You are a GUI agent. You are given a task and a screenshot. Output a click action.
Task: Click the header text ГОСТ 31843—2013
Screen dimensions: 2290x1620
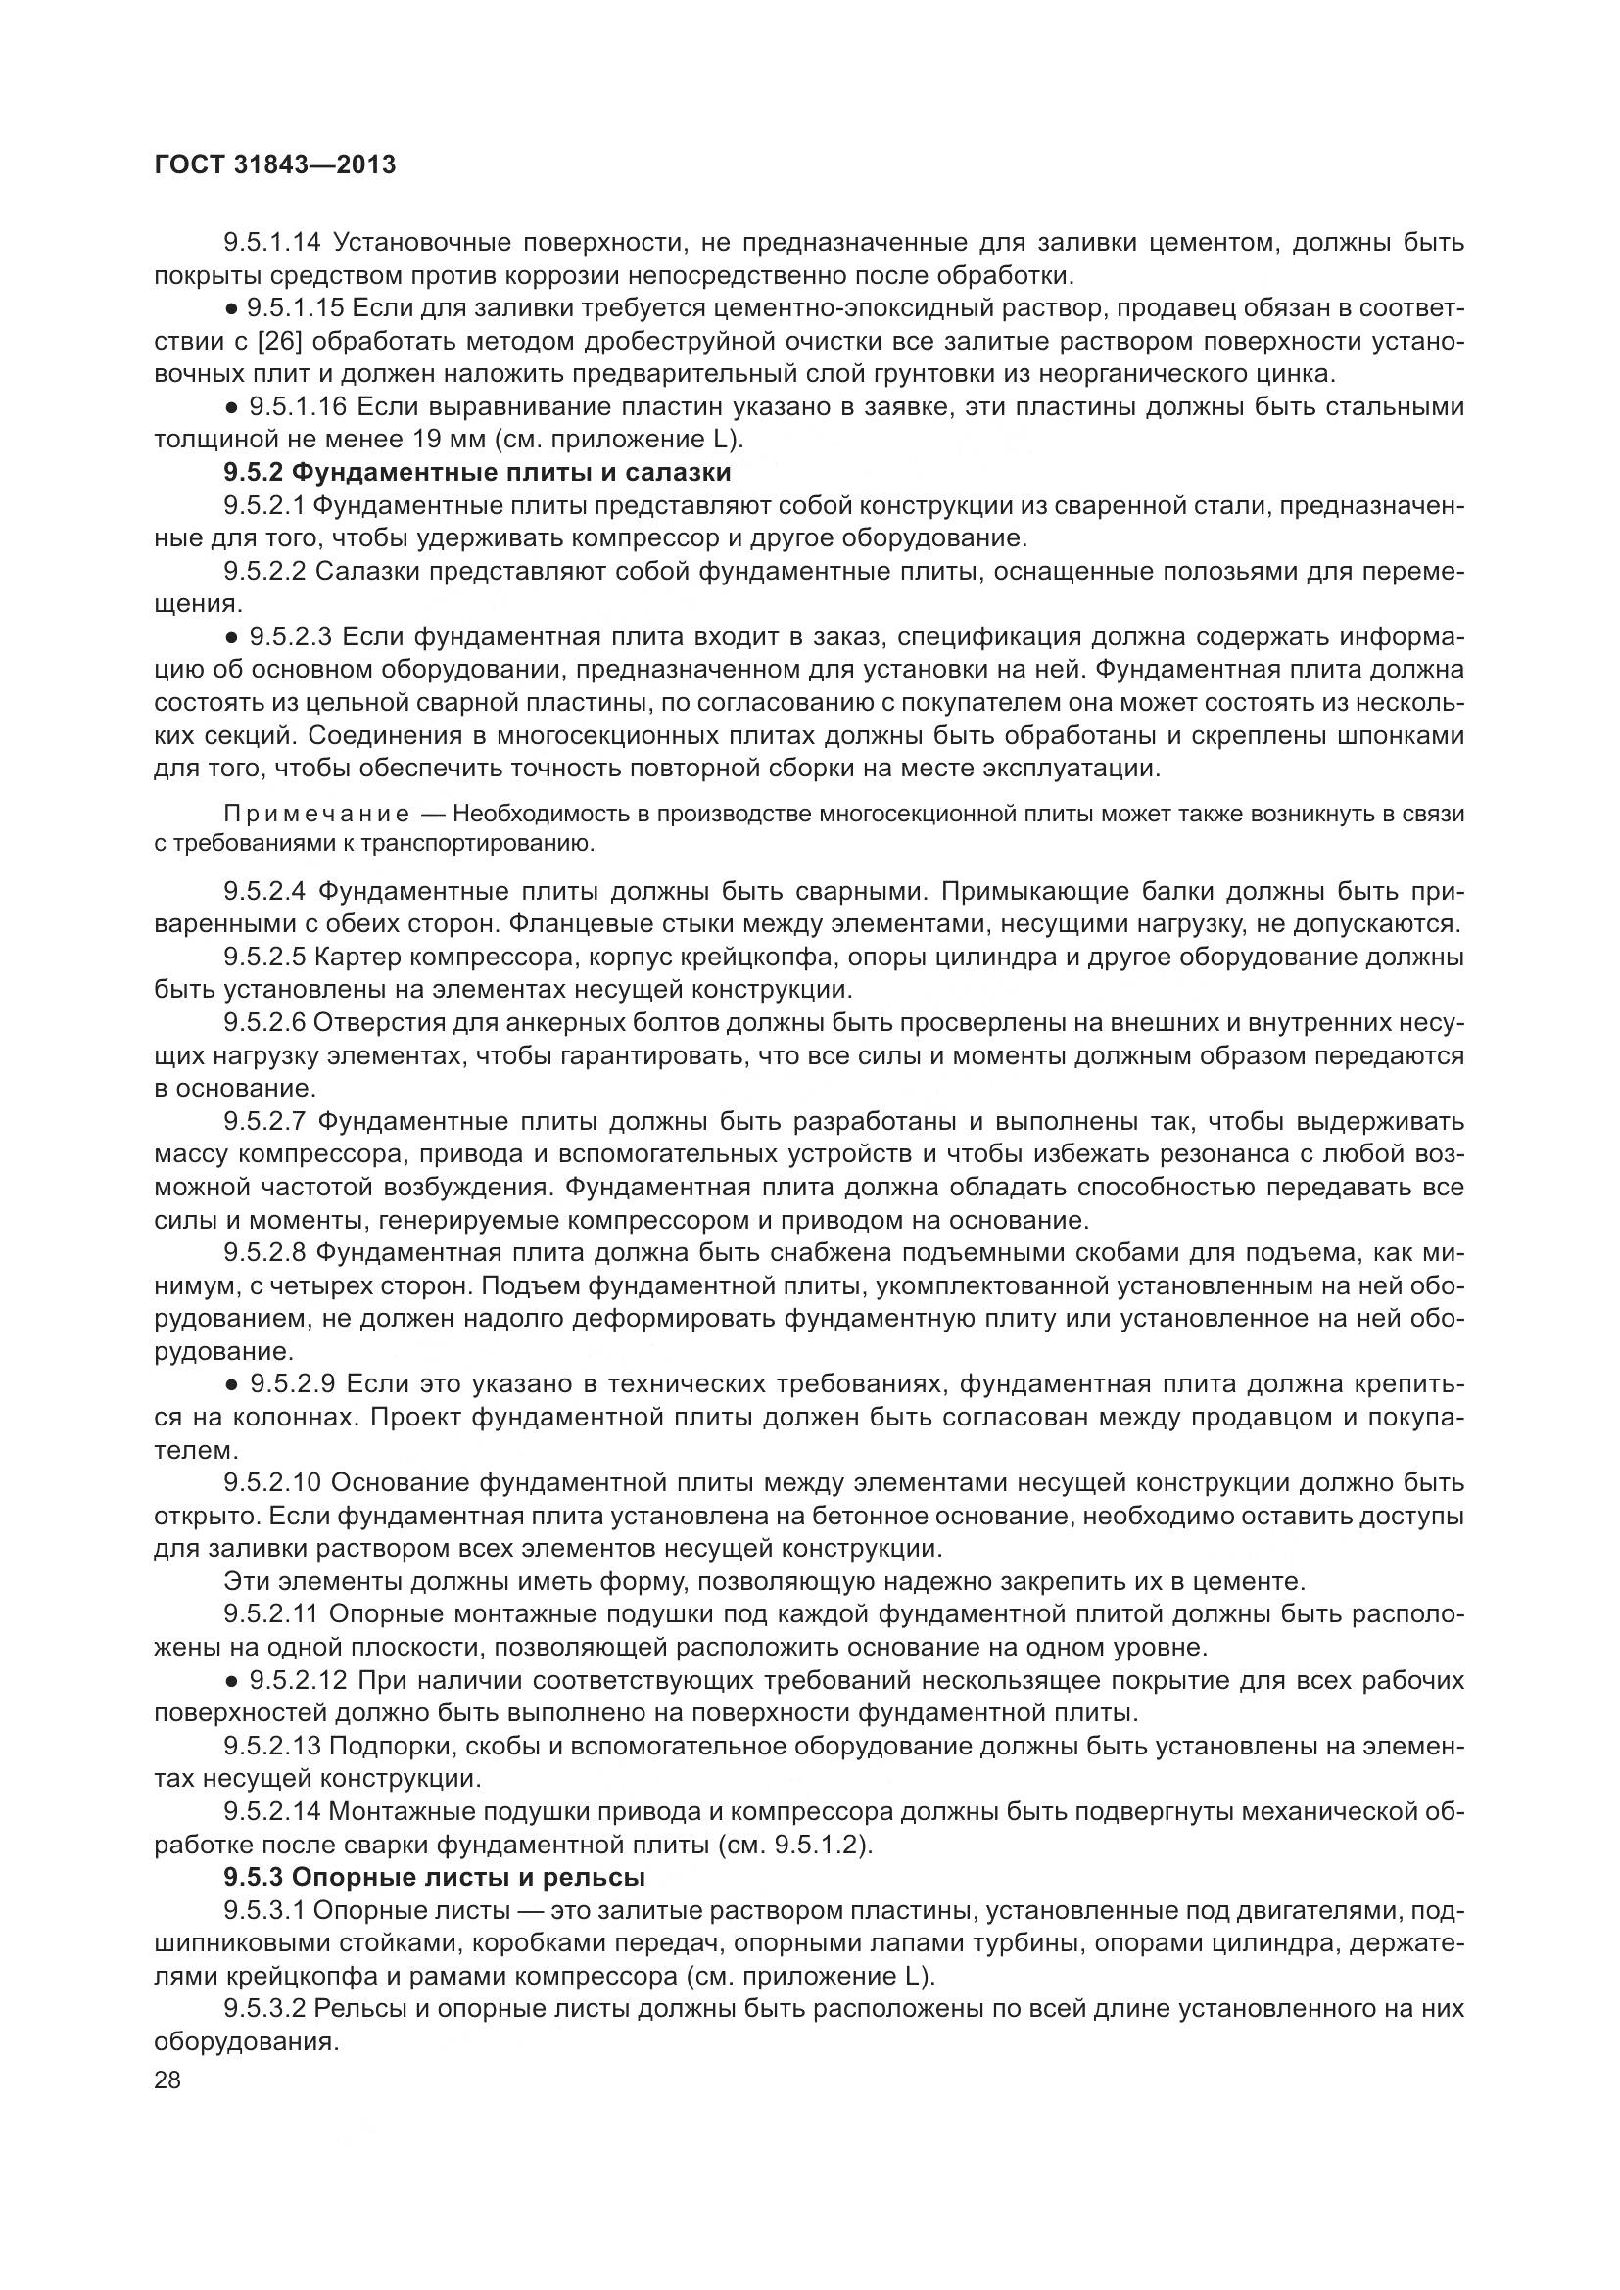[275, 165]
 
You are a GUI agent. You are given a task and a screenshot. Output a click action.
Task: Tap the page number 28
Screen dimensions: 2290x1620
[168, 2080]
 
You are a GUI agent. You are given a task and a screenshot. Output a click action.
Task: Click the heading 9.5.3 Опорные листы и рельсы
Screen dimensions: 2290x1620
[434, 1877]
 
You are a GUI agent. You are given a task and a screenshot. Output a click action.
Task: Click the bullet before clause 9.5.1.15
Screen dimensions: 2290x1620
[231, 309]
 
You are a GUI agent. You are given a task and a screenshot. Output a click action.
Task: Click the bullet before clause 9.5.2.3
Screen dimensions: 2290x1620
[231, 637]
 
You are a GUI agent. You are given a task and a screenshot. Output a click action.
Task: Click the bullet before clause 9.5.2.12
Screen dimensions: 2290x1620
[231, 1682]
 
